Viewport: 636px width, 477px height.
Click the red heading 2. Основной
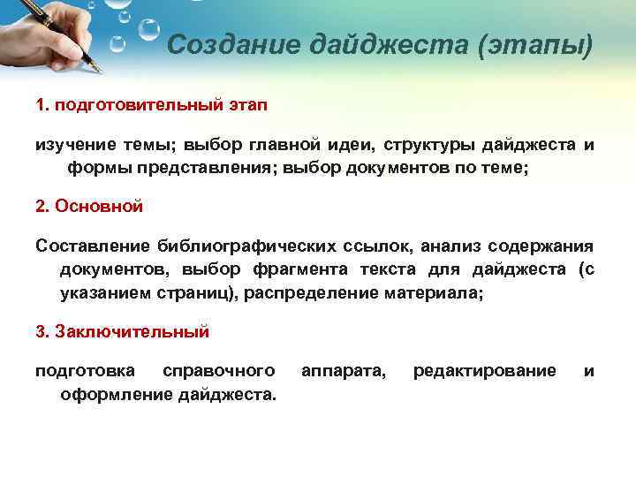pos(88,206)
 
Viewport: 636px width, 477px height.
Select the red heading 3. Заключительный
pos(122,332)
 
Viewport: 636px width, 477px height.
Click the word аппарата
pos(344,371)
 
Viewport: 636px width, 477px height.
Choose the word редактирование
pos(485,371)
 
